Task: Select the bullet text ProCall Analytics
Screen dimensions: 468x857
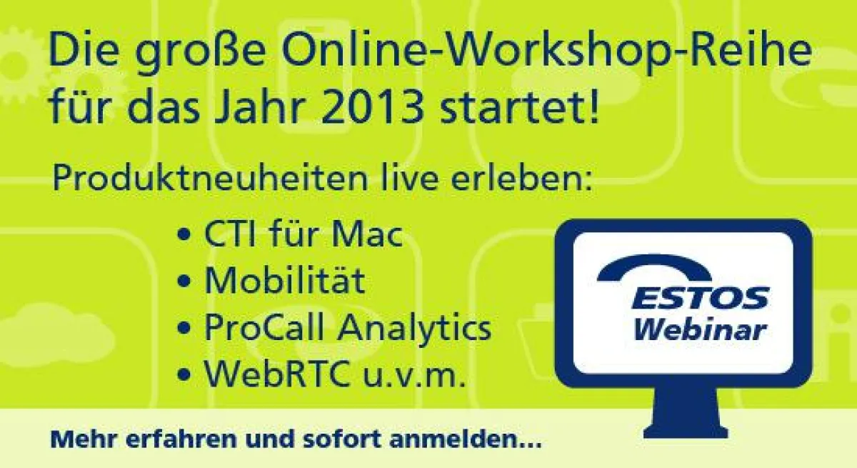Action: coord(347,328)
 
